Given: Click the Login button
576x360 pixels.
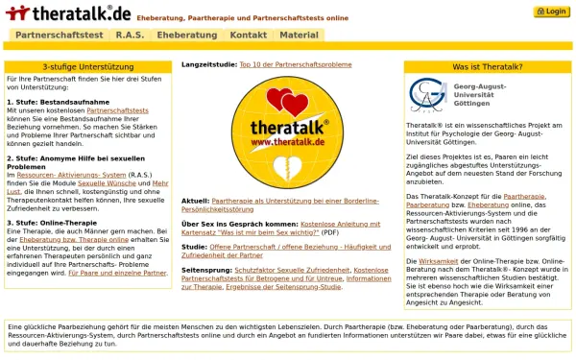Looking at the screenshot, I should (551, 12).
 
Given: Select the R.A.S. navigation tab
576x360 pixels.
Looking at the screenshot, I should (130, 35).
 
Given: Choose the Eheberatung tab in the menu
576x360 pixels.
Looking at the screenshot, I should (187, 35).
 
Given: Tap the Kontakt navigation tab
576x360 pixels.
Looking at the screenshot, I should (249, 35).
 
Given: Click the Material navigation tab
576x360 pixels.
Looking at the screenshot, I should (299, 35).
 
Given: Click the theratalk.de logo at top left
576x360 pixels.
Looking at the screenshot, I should (67, 12).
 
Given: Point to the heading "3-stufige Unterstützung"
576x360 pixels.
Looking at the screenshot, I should (86, 67).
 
